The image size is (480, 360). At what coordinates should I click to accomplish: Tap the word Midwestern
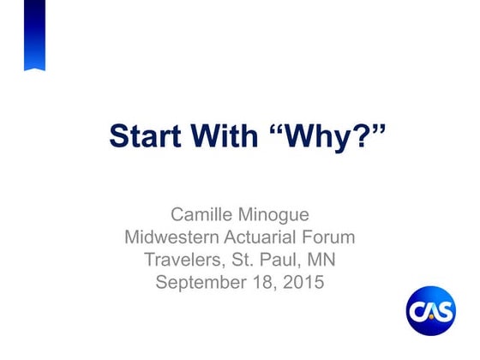point(169,236)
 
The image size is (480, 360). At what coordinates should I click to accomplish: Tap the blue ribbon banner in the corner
point(34,35)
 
